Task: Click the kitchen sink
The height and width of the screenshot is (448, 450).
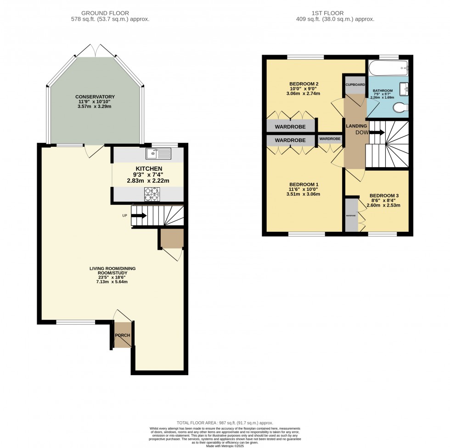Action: click(158, 153)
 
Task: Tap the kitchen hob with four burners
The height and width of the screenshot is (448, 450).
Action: click(152, 195)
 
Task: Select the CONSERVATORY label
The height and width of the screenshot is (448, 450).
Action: click(95, 96)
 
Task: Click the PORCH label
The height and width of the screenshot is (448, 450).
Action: click(123, 335)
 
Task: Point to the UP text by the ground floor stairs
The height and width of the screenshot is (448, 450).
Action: click(124, 215)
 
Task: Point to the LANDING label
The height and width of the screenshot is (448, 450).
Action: click(356, 126)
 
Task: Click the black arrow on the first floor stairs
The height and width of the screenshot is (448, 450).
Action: click(377, 133)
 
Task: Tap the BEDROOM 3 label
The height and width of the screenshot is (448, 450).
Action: click(384, 196)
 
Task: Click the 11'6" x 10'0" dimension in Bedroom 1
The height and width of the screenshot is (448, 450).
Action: click(304, 189)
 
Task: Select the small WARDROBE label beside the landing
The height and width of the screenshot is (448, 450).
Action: click(330, 139)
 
